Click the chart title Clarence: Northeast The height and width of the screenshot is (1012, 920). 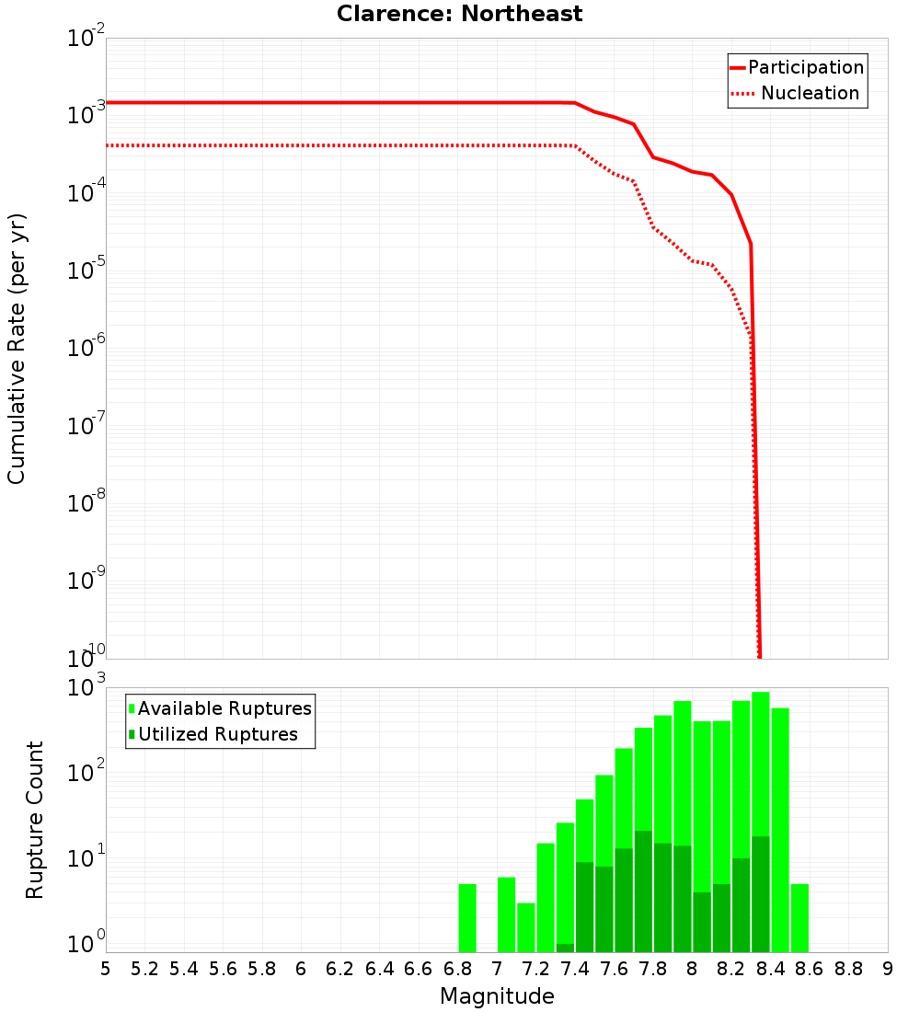[x=459, y=14]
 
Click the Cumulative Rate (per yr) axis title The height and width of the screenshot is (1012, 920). [x=17, y=349]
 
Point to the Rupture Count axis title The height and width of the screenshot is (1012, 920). [x=35, y=820]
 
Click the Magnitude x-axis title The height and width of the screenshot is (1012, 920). [x=497, y=996]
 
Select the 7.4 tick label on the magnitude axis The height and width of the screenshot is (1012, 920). [x=575, y=968]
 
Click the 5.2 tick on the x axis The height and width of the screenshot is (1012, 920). [x=145, y=968]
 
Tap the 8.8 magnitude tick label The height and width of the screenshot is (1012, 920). [x=849, y=968]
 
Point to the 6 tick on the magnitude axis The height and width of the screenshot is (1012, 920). [x=301, y=968]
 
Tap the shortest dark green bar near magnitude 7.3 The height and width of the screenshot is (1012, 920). [x=565, y=948]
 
